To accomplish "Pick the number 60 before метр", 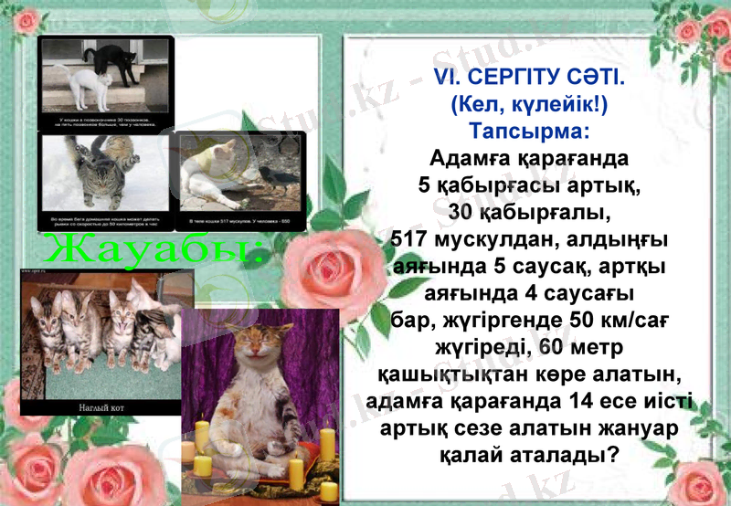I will point(556,348).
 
